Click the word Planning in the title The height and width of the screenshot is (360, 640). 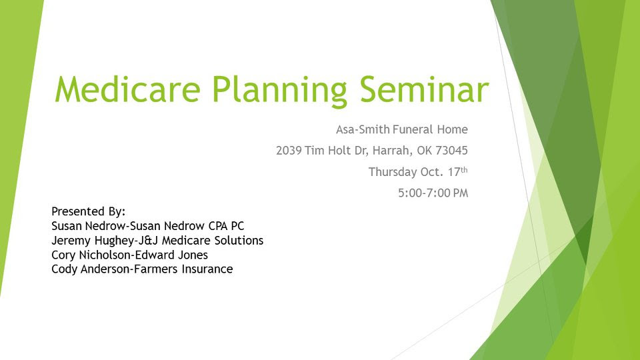[x=279, y=91]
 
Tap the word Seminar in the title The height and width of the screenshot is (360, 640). [x=424, y=89]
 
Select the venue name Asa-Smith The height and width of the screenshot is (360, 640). [x=363, y=129]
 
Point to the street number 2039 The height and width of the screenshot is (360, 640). [x=289, y=151]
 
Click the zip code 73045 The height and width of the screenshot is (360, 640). [x=451, y=151]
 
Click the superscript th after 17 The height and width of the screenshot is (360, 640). [x=464, y=170]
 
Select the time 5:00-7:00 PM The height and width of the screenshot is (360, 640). [x=433, y=193]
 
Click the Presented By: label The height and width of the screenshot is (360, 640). [x=88, y=212]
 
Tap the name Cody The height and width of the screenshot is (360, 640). [x=64, y=269]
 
